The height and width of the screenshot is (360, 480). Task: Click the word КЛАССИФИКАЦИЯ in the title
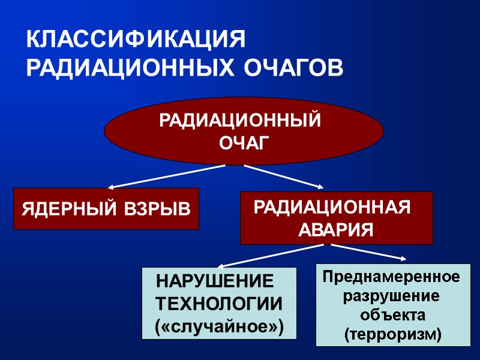tap(136, 40)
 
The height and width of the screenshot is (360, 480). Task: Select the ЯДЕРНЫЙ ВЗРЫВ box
tap(106, 209)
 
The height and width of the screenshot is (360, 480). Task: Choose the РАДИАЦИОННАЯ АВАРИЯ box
tap(336, 218)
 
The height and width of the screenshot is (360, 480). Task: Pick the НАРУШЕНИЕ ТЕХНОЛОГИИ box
tap(219, 303)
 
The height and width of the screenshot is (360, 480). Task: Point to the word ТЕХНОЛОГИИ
tap(218, 304)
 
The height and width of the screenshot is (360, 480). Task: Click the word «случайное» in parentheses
tap(218, 326)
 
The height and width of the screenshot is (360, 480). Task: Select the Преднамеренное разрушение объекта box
tap(393, 305)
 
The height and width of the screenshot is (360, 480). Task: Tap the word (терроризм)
tap(392, 334)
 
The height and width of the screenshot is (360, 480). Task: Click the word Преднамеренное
tap(392, 277)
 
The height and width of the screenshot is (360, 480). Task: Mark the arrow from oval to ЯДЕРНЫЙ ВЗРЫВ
tap(168, 176)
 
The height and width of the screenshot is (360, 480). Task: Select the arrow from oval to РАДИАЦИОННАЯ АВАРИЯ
tap(282, 176)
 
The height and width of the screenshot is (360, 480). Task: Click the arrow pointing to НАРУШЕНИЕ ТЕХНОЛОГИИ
tap(270, 256)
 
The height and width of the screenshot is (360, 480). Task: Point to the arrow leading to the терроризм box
tap(366, 252)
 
